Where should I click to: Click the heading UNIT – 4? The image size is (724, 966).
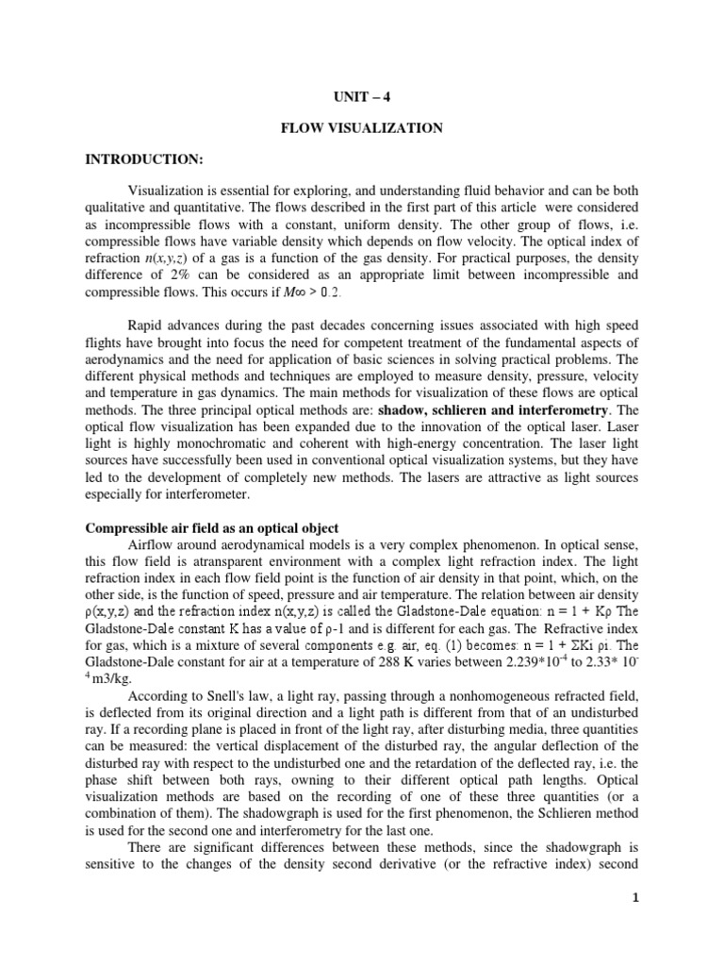tap(361, 95)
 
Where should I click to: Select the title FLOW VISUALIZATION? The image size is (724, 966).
tap(361, 128)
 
